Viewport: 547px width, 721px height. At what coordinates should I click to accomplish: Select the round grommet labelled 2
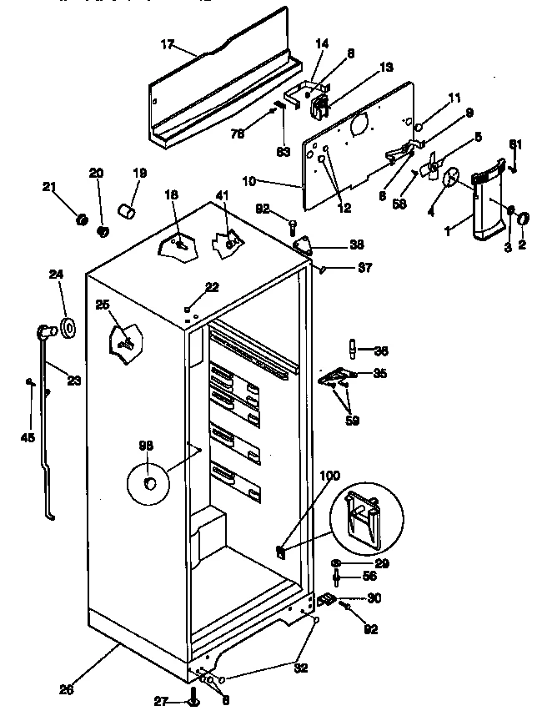point(524,219)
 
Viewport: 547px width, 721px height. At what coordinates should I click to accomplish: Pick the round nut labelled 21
point(83,219)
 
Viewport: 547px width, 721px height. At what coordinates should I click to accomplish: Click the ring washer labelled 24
point(68,328)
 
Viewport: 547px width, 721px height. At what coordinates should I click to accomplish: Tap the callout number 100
point(329,476)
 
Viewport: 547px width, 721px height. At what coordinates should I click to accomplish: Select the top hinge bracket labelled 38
point(304,245)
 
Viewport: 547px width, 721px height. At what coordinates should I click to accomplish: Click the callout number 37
point(364,268)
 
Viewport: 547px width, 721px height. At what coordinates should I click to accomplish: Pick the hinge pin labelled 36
point(353,346)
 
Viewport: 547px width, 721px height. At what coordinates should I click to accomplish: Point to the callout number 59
point(354,421)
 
